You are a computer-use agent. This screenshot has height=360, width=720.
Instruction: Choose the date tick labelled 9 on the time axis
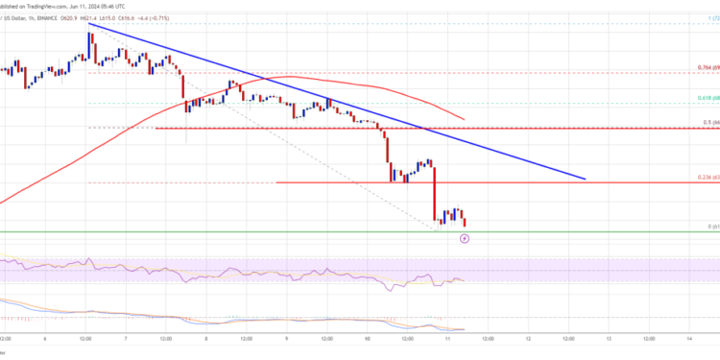click(287, 339)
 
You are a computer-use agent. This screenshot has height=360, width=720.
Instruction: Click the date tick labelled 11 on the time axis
click(447, 339)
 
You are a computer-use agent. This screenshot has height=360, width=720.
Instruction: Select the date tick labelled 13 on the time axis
click(609, 339)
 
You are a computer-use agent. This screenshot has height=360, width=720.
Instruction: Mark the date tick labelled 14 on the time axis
click(689, 339)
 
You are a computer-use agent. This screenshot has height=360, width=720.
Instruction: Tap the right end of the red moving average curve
click(464, 120)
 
